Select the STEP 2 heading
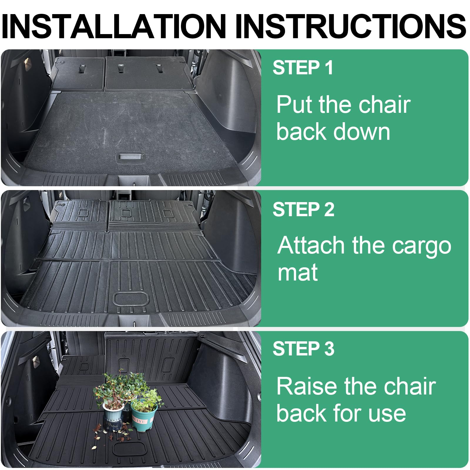(x=303, y=209)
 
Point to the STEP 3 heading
(x=303, y=349)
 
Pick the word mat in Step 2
(x=297, y=273)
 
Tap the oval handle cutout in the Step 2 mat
(x=131, y=298)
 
